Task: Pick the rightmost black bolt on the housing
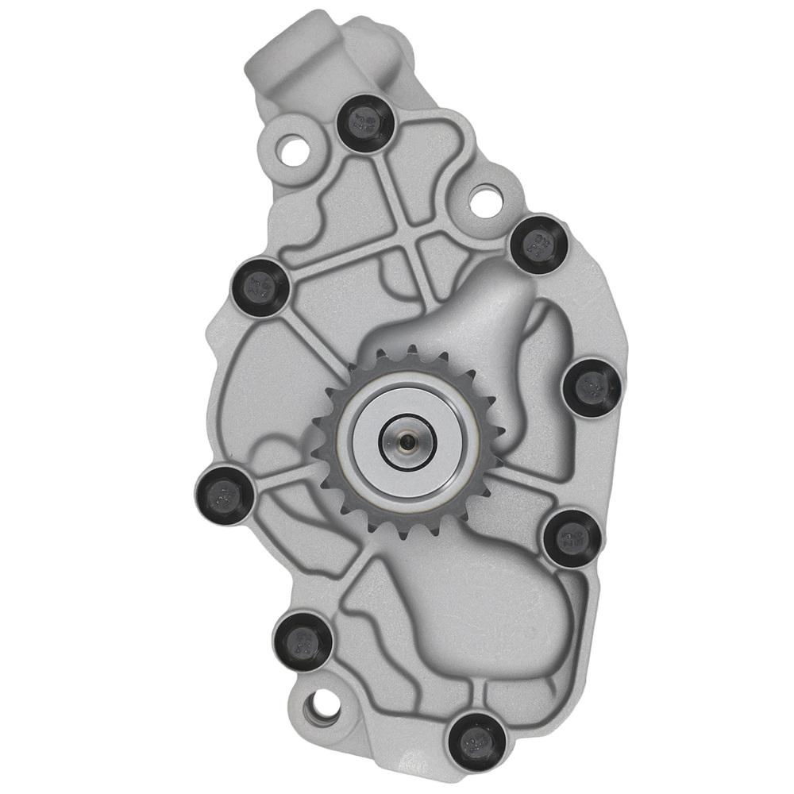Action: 592,385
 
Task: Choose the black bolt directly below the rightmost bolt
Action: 571,538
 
